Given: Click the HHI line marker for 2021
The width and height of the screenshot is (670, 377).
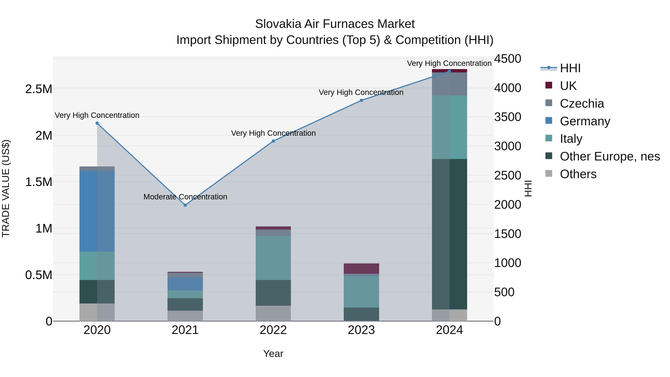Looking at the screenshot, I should point(185,205).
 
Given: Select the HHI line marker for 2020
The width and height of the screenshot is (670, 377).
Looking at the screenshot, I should point(97,123).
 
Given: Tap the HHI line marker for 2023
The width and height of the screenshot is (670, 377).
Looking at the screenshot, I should point(361,100).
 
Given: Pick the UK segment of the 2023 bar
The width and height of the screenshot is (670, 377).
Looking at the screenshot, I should point(361,268).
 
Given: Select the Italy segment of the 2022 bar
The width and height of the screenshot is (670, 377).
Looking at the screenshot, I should point(273,258).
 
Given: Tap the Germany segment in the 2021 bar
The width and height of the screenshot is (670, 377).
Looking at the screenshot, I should point(185,284).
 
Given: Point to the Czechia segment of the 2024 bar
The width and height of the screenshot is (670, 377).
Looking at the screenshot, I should point(449,84).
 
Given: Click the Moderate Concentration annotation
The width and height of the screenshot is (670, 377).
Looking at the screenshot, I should point(185,197).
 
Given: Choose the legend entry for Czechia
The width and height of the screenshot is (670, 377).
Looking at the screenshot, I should point(582,104).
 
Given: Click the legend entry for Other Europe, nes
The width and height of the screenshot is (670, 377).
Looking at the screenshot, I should point(610,156).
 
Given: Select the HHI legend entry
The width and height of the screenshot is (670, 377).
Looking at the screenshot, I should point(570,68).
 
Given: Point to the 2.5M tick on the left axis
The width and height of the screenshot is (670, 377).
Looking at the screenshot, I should point(39,89).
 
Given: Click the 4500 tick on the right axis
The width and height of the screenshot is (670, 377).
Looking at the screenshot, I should point(508,58).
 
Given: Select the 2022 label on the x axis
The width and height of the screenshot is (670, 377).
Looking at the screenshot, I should point(273,330).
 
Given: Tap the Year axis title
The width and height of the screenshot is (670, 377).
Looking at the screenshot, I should point(273,354).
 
